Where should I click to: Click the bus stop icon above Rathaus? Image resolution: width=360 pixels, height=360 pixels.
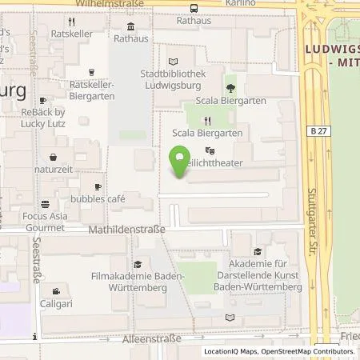coord(194,8)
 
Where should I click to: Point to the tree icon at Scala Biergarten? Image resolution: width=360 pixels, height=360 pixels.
coord(230,89)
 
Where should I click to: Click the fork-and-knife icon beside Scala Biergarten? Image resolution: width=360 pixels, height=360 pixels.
coord(206,121)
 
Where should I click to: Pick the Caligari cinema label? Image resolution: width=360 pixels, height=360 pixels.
coord(54,305)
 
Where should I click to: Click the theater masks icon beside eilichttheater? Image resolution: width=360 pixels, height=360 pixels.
coord(210,150)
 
